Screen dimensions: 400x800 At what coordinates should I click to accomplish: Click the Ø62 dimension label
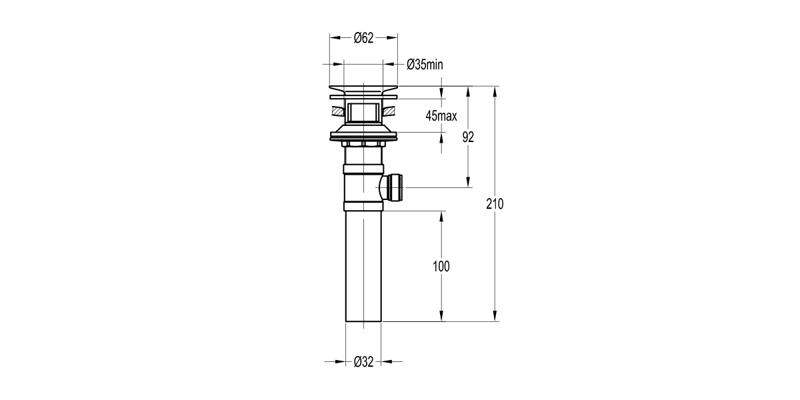[363, 38]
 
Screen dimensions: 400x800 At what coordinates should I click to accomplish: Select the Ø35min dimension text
[425, 65]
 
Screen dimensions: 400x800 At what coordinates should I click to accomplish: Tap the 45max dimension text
[441, 116]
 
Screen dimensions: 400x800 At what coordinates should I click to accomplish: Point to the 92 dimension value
[468, 137]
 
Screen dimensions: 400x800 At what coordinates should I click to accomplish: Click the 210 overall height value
[494, 204]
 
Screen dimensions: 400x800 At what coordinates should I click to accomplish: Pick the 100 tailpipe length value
[441, 267]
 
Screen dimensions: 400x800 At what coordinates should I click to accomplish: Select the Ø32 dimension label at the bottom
[363, 362]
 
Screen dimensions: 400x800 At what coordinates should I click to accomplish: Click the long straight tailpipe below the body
[363, 267]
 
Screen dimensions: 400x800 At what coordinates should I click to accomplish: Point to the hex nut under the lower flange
[363, 143]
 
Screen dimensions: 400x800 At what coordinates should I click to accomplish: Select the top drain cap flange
[363, 89]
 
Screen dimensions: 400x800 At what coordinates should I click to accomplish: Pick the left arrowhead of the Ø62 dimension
[333, 38]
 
